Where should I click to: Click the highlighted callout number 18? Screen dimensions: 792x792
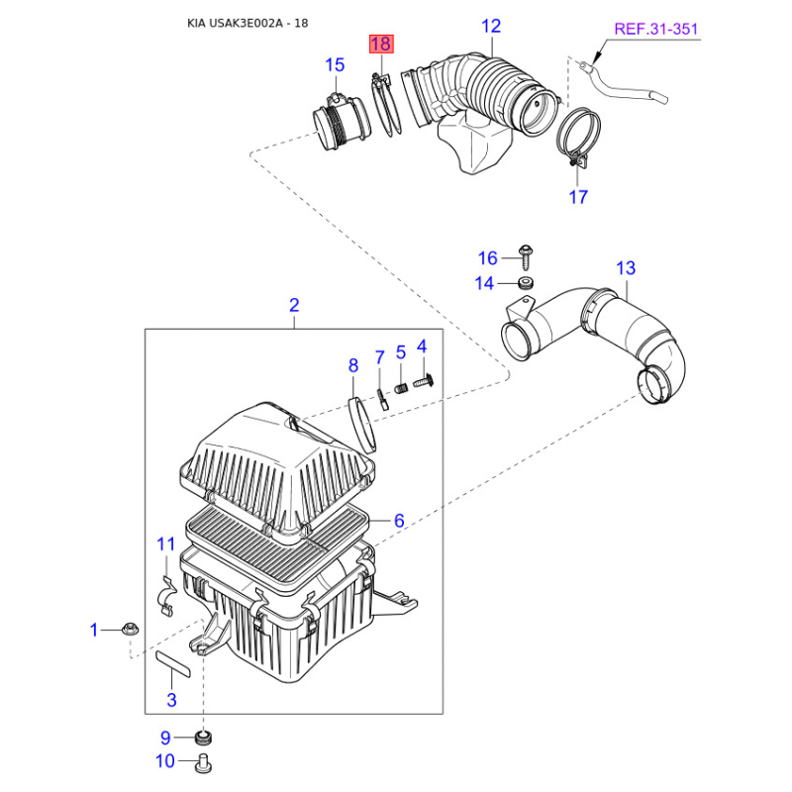click(381, 44)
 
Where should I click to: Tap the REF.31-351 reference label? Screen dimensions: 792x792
click(655, 29)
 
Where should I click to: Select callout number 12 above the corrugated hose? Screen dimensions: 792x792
click(491, 26)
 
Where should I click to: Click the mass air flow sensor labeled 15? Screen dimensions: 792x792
click(342, 122)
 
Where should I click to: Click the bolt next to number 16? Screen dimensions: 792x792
click(526, 257)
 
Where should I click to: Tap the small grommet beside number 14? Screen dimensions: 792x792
click(527, 283)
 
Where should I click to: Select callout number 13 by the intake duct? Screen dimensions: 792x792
click(626, 267)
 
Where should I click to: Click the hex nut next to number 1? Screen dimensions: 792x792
click(131, 630)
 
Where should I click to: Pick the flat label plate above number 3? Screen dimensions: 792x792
click(172, 664)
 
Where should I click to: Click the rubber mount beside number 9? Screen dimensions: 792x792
click(203, 738)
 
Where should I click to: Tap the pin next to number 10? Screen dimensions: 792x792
click(203, 762)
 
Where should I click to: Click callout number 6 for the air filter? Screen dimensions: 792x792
click(399, 521)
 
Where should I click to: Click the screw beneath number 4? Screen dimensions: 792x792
click(424, 381)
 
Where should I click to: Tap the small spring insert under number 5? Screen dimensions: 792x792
click(401, 389)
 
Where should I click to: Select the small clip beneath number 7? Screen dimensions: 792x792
click(382, 399)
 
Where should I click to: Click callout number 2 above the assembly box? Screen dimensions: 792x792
click(294, 305)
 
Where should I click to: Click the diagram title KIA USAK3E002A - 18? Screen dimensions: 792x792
click(247, 23)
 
